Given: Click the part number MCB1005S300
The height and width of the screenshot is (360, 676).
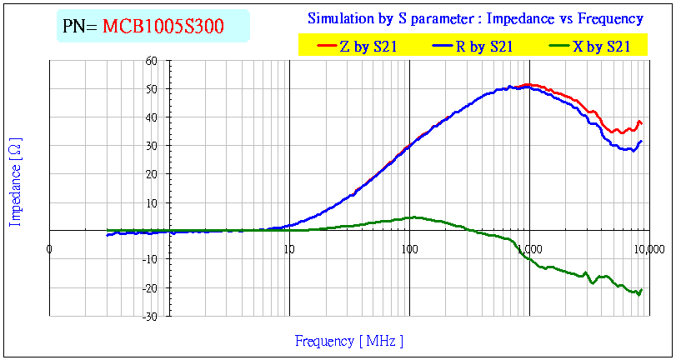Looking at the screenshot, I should (163, 27).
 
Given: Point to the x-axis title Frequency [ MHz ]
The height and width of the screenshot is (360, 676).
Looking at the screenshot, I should (349, 340).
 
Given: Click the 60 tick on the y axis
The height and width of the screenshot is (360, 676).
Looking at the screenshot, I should (151, 61).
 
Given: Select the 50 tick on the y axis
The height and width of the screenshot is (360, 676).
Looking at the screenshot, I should (151, 89).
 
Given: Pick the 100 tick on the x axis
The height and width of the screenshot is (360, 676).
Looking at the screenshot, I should (409, 248).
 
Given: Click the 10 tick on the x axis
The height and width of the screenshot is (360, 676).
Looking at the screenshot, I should (289, 248).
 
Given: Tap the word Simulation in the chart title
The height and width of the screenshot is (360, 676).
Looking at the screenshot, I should (339, 18).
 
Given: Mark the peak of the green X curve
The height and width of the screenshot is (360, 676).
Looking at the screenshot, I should (413, 217).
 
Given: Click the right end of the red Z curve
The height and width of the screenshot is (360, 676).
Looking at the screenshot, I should (641, 124).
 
